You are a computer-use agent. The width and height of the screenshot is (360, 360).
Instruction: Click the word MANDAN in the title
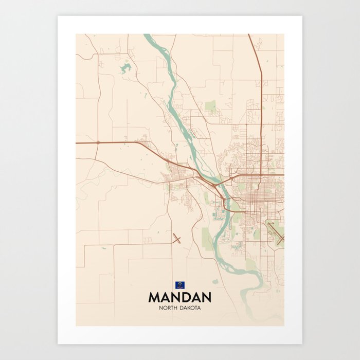point(179,297)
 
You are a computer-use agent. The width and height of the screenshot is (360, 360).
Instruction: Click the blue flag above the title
point(180,284)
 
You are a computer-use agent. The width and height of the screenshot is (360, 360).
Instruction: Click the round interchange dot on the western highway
point(98,142)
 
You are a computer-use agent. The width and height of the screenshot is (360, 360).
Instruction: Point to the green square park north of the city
point(211,106)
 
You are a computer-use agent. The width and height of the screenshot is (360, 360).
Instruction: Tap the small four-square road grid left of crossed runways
point(148,240)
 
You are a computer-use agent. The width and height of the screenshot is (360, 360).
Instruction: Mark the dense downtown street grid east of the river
point(252,193)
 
